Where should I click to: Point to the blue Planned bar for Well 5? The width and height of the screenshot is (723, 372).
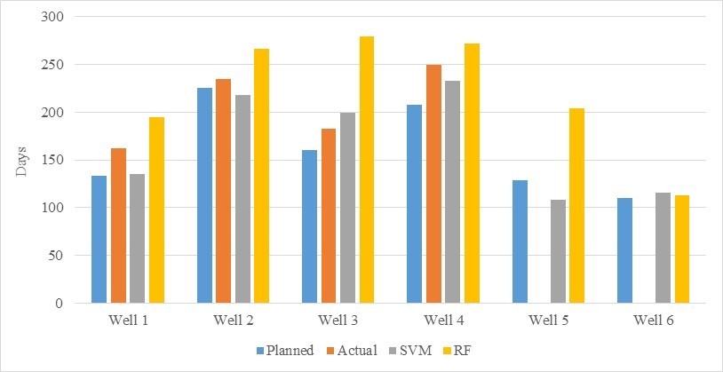click(519, 241)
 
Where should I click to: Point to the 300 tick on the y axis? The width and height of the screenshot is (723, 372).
click(55, 17)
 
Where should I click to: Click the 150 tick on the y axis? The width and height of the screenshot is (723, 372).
click(55, 160)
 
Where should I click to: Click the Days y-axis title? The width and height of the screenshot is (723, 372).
click(20, 160)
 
